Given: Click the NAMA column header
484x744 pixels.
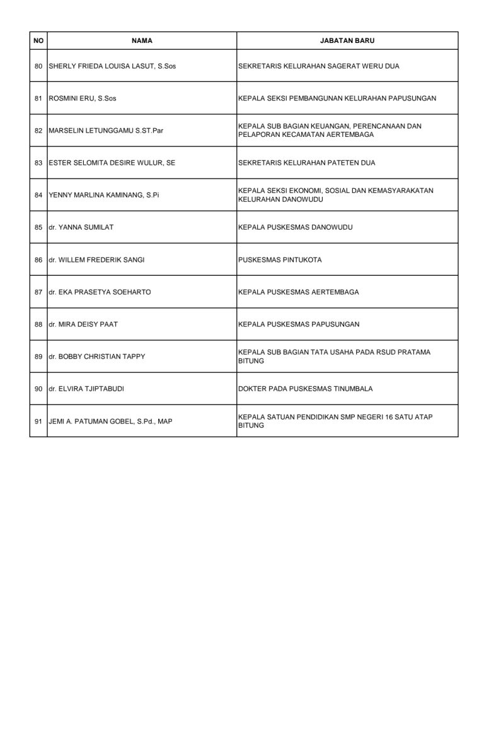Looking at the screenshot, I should click(142, 40).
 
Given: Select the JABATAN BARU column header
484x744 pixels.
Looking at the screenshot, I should click(347, 40).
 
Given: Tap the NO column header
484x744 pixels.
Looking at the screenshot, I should click(38, 40).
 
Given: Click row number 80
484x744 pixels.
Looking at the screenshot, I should click(38, 66).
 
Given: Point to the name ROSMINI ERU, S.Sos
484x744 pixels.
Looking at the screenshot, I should click(83, 98).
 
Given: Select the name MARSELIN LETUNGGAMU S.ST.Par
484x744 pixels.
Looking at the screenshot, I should click(106, 131).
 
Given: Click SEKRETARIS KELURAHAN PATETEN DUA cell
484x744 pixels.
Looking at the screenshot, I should click(306, 163).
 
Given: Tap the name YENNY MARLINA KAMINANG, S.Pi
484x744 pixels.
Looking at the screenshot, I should click(104, 195).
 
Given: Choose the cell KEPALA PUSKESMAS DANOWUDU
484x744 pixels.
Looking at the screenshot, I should click(289, 227).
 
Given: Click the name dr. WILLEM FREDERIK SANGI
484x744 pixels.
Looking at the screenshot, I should click(96, 260).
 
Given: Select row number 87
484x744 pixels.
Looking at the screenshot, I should click(38, 292).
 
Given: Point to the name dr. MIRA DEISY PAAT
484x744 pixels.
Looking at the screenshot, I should click(83, 324).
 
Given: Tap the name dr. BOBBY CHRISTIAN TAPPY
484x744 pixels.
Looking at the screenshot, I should click(97, 357).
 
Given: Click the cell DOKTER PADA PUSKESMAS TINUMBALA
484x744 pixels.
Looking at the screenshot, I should click(305, 389).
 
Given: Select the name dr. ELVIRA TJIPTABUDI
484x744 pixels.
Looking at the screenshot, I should click(86, 389).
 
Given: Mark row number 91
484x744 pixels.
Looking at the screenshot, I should click(38, 421).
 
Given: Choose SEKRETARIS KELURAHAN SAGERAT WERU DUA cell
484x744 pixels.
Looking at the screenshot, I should click(318, 66).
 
